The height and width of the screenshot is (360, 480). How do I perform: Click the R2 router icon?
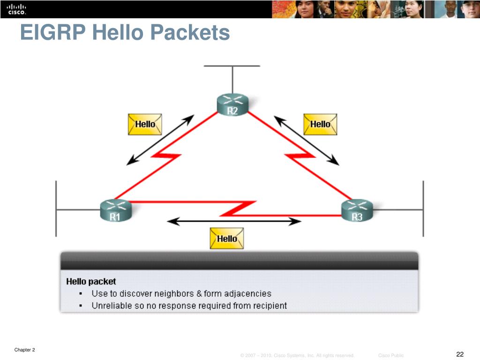click(232, 105)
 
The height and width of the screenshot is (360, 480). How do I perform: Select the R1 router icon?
click(115, 210)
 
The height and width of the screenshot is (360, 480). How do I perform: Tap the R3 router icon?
click(357, 210)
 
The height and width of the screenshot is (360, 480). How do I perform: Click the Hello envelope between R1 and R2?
click(145, 124)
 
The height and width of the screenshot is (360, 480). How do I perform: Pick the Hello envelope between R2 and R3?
click(320, 124)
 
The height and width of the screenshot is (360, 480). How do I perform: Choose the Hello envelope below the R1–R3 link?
click(227, 238)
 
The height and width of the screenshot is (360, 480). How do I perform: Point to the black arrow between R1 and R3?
click(234, 221)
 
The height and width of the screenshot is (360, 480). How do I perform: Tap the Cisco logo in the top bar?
click(16, 9)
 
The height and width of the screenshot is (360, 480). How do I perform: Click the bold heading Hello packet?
click(91, 282)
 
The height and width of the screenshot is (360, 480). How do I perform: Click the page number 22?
click(459, 353)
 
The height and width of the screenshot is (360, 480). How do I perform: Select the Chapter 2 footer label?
click(24, 350)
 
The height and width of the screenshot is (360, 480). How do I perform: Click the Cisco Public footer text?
click(390, 355)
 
